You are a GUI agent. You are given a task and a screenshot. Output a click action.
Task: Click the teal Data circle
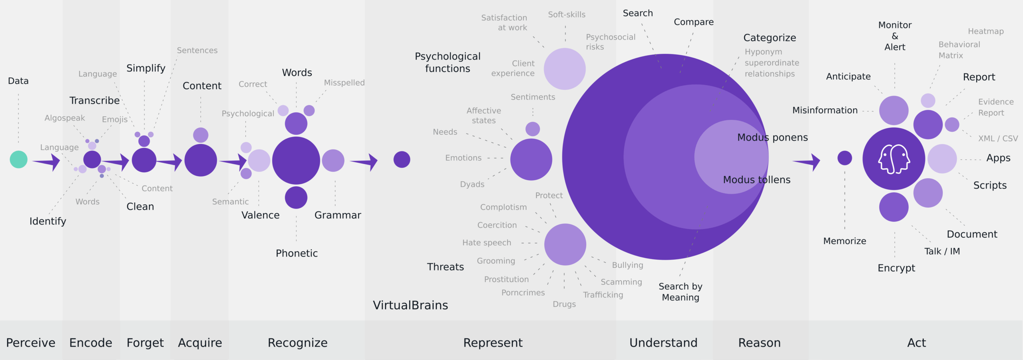coord(18,159)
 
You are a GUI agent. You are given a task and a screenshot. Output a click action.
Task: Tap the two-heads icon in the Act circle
coord(894,159)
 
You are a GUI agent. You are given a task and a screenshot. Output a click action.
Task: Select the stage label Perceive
coord(31,342)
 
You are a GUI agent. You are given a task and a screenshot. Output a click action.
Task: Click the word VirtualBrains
coord(410,305)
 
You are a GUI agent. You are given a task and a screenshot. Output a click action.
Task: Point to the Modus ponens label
coord(772,137)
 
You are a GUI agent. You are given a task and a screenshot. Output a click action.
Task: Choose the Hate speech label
coord(487,243)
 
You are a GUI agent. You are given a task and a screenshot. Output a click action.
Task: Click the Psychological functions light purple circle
coord(565,69)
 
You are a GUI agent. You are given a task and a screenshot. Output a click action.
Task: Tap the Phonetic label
coord(297,253)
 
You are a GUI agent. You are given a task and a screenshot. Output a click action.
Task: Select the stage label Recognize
coord(298,342)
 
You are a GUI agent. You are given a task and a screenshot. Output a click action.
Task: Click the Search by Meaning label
coord(681,292)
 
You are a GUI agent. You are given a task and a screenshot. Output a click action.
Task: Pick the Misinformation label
coord(825,110)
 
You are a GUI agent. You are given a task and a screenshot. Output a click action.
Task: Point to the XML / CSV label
coord(998,138)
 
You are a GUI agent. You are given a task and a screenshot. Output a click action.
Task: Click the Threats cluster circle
coord(565,244)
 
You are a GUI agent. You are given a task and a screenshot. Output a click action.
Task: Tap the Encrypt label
coord(896,268)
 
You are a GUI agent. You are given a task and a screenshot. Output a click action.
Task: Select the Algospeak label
coord(65,118)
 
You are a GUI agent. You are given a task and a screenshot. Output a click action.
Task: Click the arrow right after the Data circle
coord(47,161)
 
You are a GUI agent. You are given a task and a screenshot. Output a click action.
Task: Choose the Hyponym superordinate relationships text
coord(772,63)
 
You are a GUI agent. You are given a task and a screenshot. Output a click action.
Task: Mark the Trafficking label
coord(603,295)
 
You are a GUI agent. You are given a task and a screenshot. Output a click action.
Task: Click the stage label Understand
coord(663,342)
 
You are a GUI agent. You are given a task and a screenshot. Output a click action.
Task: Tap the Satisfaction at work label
coord(504,23)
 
